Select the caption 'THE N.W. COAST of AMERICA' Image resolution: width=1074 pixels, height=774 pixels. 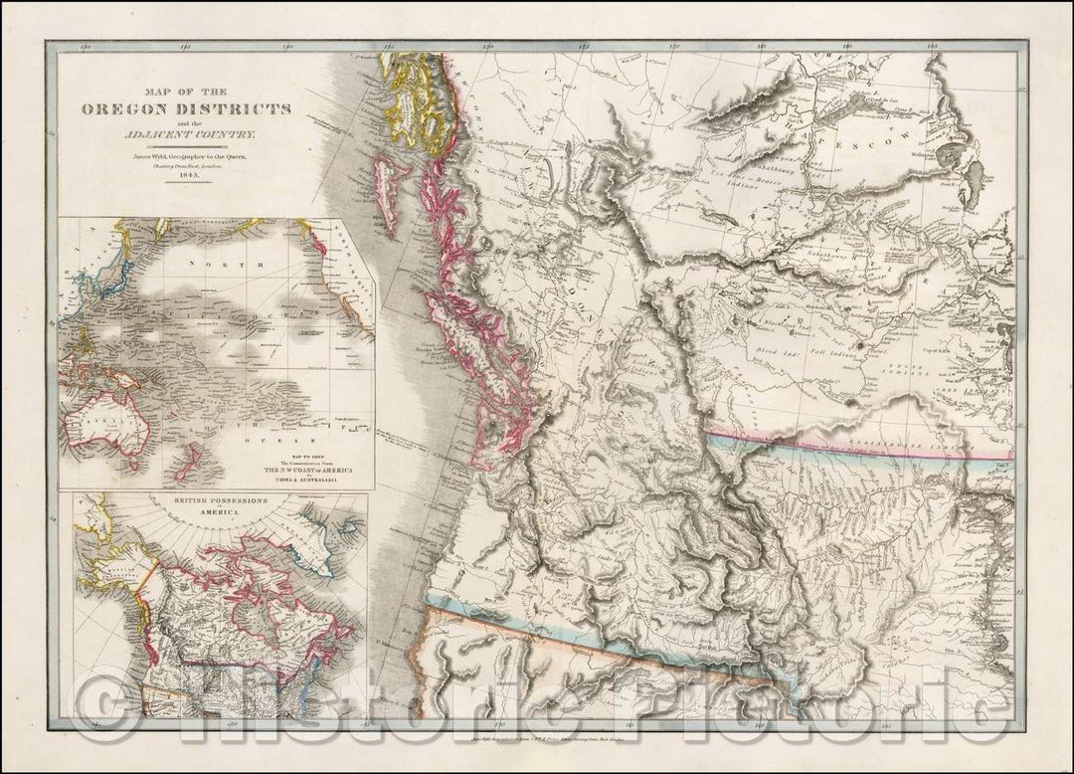(x=308, y=470)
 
